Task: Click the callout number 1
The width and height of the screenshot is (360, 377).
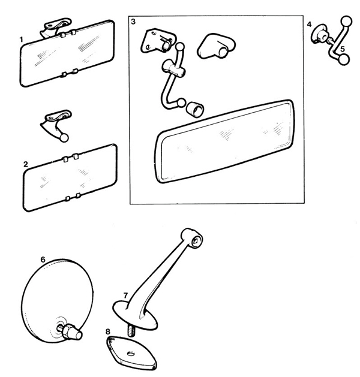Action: click(22, 40)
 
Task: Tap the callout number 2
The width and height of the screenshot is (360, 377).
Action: click(26, 164)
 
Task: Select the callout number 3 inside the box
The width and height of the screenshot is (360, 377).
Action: click(133, 22)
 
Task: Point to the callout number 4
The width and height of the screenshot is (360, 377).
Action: click(309, 24)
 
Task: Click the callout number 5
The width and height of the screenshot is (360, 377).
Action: click(343, 49)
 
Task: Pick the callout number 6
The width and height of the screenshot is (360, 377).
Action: click(43, 260)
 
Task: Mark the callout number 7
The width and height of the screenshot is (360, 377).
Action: click(125, 295)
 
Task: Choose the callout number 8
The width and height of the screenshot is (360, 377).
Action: click(107, 331)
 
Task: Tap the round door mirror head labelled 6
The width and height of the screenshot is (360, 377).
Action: click(57, 301)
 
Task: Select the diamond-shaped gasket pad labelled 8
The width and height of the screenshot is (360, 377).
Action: click(131, 353)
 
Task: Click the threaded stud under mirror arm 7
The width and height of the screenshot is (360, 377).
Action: click(131, 331)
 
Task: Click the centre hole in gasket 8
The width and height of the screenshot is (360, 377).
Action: click(131, 354)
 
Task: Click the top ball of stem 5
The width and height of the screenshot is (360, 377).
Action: click(346, 22)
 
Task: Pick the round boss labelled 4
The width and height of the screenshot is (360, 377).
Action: click(319, 34)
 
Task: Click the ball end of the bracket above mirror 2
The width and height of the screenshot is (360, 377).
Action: click(64, 138)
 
